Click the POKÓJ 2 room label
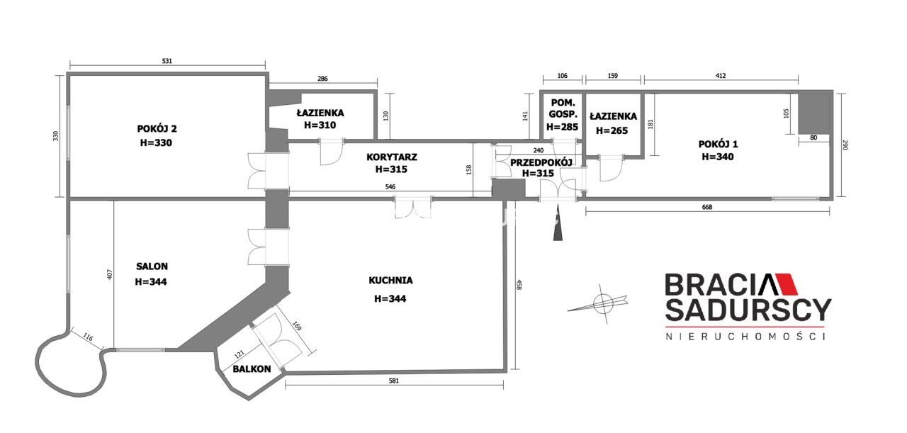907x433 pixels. pos(157,129)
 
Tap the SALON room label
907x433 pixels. pos(152,266)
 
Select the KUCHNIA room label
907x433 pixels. pos(390,281)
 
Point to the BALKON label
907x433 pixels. pos(252,369)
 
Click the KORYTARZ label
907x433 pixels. pos(392,157)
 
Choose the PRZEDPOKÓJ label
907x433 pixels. pos(541,162)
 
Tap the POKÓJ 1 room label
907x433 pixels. pos(718,144)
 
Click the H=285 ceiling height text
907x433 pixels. pos(562,127)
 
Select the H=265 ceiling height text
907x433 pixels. pos(612,130)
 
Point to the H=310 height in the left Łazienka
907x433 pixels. pos(320,125)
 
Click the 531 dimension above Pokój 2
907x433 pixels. pos(167,61)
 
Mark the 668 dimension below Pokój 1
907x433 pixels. pos(707,207)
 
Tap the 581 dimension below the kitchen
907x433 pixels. pos(393,381)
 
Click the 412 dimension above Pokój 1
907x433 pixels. pos(721,75)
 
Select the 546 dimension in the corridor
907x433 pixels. pos(390,186)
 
